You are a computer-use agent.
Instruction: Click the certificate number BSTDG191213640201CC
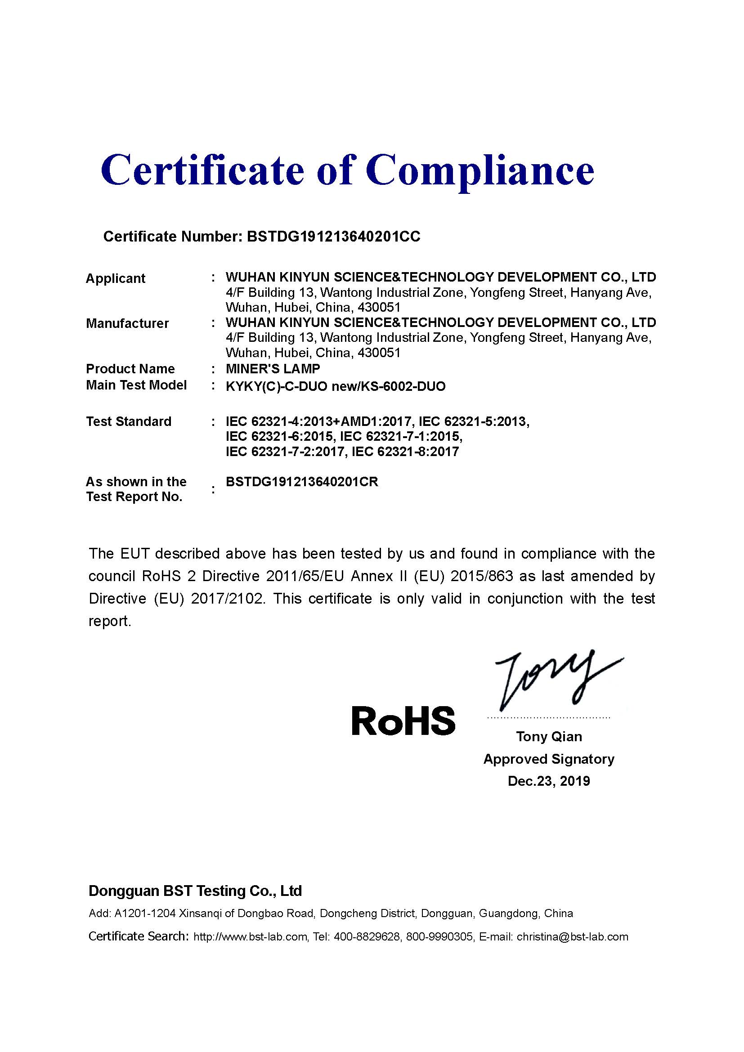(x=333, y=237)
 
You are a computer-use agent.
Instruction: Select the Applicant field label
(x=116, y=278)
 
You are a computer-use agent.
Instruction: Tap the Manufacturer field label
(x=127, y=323)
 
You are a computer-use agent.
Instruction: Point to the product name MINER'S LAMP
(x=273, y=368)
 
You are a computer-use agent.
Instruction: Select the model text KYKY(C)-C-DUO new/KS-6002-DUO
(x=336, y=386)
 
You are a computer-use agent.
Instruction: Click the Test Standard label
(x=129, y=421)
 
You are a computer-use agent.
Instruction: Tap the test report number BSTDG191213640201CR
(x=302, y=482)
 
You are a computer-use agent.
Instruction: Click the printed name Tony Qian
(x=549, y=736)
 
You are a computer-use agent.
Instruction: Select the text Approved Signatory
(x=548, y=759)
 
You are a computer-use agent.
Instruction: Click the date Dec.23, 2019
(x=548, y=781)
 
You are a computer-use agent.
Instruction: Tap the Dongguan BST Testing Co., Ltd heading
(x=195, y=891)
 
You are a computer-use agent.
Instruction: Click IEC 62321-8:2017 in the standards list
(x=405, y=452)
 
